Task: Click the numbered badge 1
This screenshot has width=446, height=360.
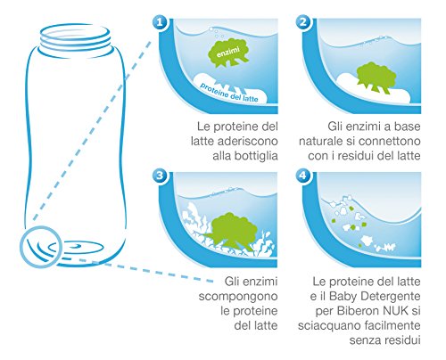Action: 160,22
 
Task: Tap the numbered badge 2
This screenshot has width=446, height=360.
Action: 303,22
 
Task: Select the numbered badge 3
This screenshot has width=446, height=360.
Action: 160,176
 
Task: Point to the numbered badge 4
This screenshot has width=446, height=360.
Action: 303,176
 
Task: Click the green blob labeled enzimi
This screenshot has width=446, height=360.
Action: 228,53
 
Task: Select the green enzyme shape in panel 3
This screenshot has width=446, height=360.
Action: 230,229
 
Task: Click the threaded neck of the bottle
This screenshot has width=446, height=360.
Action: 75,39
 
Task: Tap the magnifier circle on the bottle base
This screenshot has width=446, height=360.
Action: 41,246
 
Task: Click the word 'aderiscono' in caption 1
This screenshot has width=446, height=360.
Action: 248,141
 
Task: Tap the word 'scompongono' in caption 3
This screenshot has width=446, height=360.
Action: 238,297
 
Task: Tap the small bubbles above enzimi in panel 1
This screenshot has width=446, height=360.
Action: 217,33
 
